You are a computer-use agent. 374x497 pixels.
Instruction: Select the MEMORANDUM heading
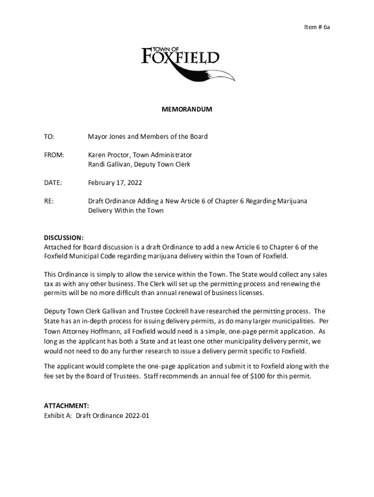[187, 110]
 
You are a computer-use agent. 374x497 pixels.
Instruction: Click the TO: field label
[49, 137]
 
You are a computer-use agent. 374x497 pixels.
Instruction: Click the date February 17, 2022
[115, 183]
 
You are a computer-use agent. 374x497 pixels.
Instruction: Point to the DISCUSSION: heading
[64, 238]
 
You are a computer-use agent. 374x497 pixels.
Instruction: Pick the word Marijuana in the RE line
[290, 201]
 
